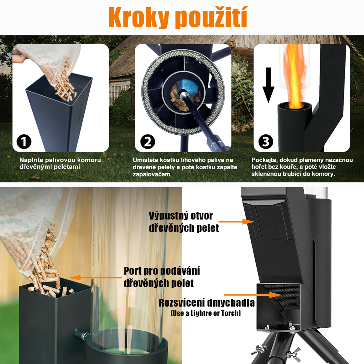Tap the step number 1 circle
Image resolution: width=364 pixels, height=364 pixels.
24,141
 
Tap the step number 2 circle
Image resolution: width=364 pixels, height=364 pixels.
147,141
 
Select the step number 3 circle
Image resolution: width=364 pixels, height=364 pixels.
266,141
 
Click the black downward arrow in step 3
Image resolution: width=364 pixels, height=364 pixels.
268,85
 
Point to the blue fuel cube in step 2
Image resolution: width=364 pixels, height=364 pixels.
187,89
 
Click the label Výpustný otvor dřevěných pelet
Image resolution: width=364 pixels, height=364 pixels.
184,222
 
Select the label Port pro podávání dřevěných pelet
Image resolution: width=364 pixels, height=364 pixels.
162,277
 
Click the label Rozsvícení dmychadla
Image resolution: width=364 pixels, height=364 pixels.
207,303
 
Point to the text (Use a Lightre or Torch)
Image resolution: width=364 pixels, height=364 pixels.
206,313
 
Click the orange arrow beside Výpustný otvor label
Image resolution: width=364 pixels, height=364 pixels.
236,222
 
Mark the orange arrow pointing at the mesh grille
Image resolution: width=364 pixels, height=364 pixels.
252,295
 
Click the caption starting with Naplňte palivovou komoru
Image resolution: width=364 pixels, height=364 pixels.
60,164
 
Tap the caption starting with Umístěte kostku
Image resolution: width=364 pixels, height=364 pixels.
185,167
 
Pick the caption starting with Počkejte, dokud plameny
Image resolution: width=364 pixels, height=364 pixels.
302,167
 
